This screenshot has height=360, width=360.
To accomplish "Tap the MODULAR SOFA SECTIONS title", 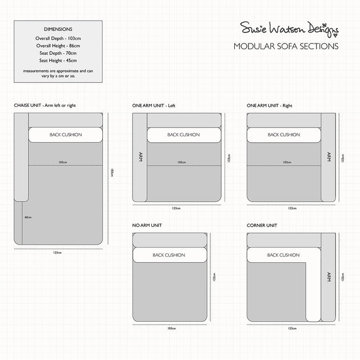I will [x=286, y=46].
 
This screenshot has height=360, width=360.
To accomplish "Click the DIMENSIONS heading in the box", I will [x=58, y=28].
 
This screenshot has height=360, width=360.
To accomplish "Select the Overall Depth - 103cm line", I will [x=58, y=38].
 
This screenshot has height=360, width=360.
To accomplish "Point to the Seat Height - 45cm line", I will [x=58, y=60].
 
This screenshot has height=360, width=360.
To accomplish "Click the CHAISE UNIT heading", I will [x=53, y=106].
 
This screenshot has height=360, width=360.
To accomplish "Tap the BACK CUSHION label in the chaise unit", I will [x=66, y=135].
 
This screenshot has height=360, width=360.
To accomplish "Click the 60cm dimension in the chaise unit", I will [x=28, y=217].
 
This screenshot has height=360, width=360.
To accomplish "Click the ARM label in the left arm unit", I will [x=140, y=157].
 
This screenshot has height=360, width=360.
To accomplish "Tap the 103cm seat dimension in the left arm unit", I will [x=181, y=162].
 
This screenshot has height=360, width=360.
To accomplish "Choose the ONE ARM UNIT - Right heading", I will [x=270, y=106].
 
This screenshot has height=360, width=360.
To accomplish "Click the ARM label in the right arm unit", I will [x=328, y=157].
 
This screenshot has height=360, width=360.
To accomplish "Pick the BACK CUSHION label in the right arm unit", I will [x=283, y=135].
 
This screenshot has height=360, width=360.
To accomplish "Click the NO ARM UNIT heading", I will [x=147, y=226].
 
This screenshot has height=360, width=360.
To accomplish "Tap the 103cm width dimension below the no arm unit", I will [x=170, y=328].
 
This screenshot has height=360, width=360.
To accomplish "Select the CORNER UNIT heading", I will [x=262, y=226].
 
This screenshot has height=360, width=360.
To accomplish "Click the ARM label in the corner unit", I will [x=328, y=277].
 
